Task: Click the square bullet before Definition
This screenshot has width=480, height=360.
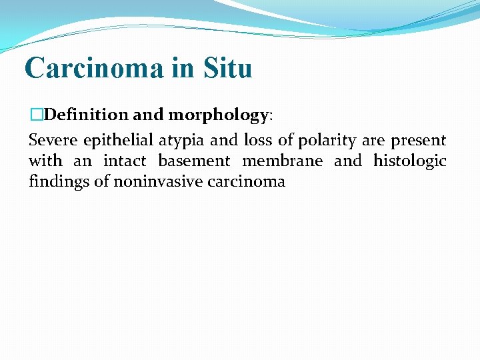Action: pyautogui.click(x=35, y=115)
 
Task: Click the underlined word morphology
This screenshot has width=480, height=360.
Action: pyautogui.click(x=218, y=115)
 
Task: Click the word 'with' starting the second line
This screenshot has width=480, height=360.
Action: pyautogui.click(x=45, y=161)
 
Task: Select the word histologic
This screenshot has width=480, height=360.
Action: pyautogui.click(x=409, y=161)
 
